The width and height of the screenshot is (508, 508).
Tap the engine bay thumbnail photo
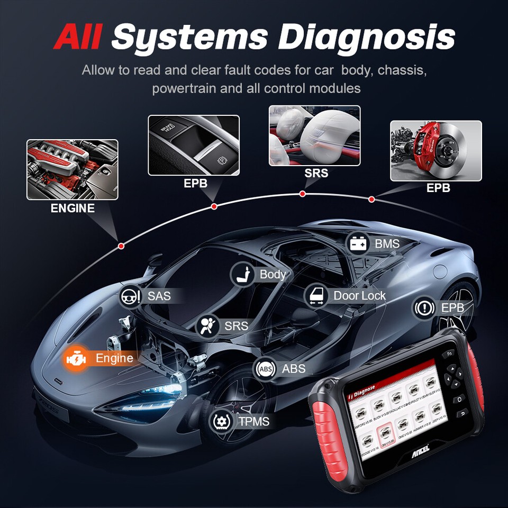pos(72,169)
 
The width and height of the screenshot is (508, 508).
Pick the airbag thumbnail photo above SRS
pos(314,135)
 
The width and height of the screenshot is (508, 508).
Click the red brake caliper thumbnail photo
pos(436,151)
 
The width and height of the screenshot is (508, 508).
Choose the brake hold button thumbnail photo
pos(193,145)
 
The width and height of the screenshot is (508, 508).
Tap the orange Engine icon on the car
pos(76,359)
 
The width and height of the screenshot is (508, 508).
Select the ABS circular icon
pos(265,369)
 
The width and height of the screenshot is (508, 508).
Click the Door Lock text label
pos(359,296)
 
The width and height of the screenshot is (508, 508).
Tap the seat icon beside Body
pos(242,275)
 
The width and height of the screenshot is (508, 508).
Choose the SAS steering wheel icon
pos(130,296)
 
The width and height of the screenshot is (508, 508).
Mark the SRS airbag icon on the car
pos(207,326)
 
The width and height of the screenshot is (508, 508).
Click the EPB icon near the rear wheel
pos(424,308)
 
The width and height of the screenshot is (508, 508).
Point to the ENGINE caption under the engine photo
pos(72,208)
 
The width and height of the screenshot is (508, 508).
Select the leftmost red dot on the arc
pos(121,246)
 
